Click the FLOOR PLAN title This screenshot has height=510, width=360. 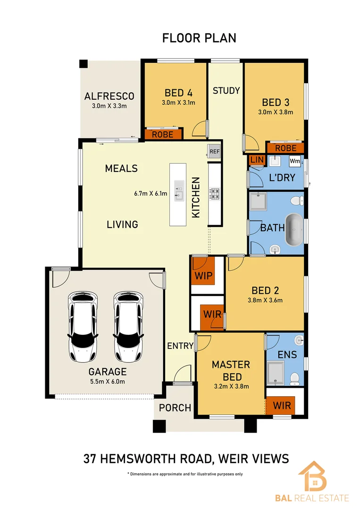coord(199,38)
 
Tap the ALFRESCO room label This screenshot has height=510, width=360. coord(109,96)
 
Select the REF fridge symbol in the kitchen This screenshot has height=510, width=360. coord(215,152)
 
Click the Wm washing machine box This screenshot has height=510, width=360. coord(295,161)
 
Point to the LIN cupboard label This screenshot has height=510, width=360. coord(257,161)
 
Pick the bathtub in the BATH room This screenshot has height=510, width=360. coord(295,229)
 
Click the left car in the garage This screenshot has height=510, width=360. coord(84,327)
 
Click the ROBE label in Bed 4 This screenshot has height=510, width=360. coord(163,135)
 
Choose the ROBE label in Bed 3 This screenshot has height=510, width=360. coord(285,148)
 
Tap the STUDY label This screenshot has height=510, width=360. coord(226,91)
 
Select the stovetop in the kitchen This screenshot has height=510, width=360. coord(215,194)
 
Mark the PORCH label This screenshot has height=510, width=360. coord(175,408)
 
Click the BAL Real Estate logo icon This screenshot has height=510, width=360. coord(313,477)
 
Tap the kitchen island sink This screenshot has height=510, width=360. coord(179,191)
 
